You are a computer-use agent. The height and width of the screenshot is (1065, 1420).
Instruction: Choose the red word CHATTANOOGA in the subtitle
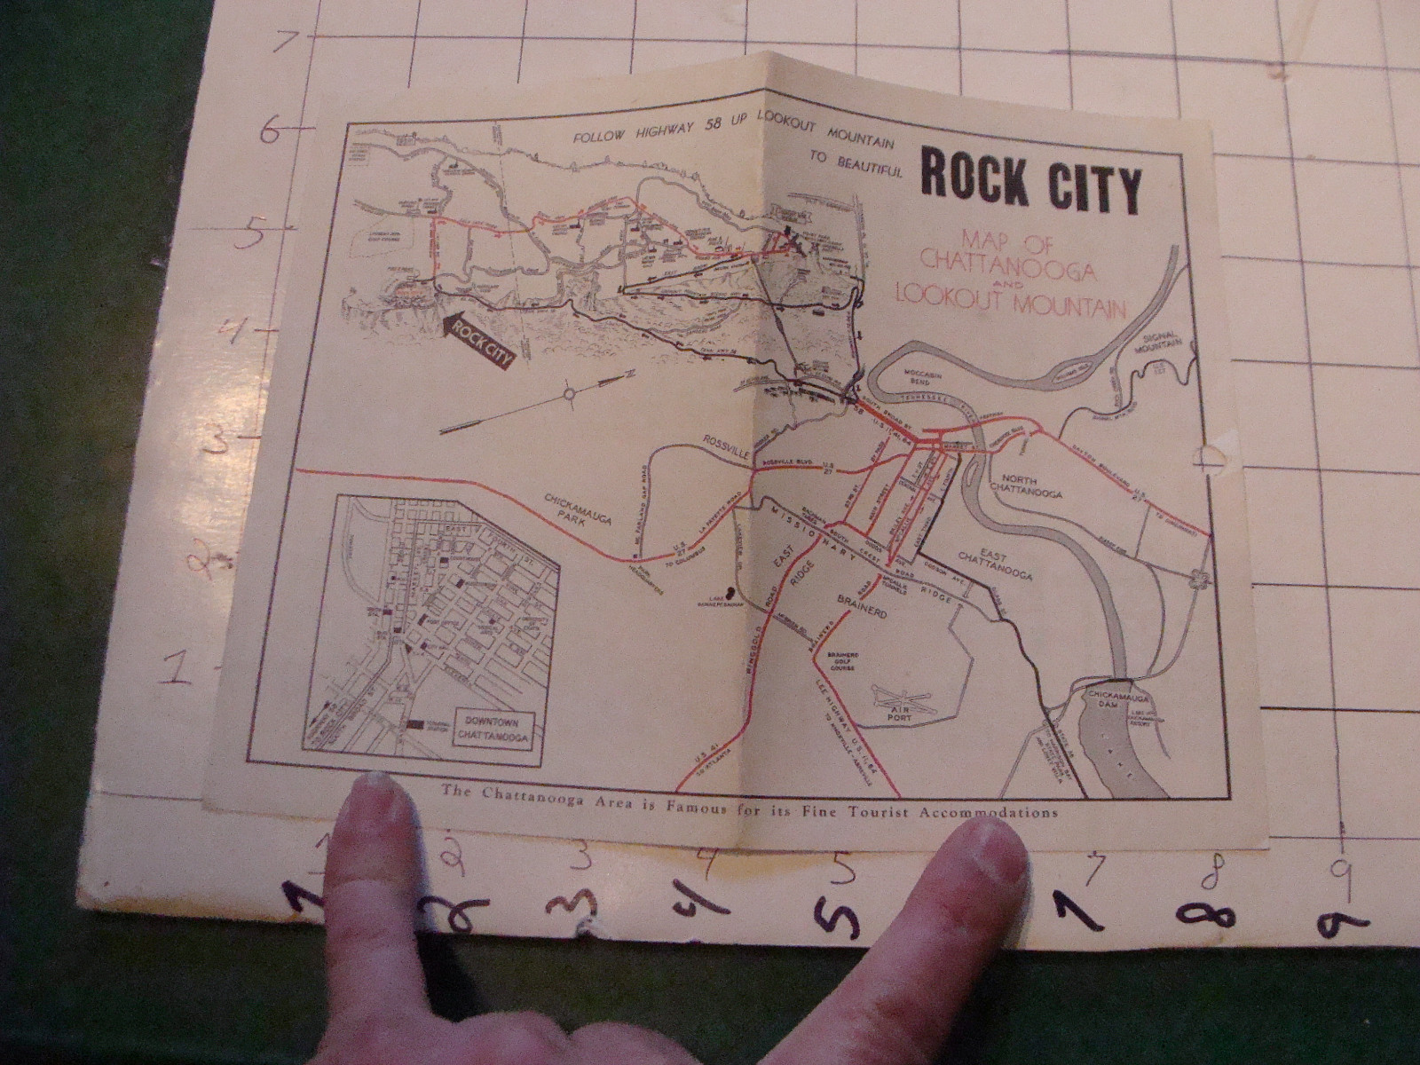(x=995, y=260)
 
